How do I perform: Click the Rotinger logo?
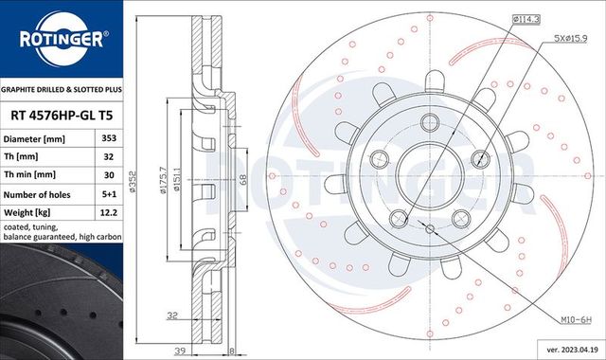click(x=62, y=38)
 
